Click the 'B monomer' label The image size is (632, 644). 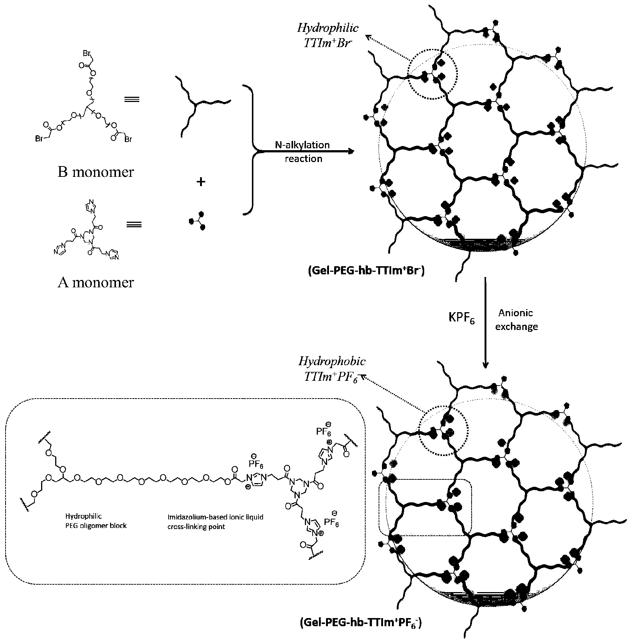coord(96,172)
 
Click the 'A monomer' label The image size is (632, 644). coord(96,282)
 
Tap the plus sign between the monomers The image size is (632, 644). coord(200,182)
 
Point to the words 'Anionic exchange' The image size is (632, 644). coord(516,320)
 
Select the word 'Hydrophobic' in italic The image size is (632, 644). coord(332,361)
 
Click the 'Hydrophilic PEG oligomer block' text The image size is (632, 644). coord(96,521)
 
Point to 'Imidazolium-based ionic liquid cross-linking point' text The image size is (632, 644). coord(215,521)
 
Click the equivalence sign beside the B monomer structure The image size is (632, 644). coord(133,99)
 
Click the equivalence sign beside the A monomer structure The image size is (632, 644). coord(134,224)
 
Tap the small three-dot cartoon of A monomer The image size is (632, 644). coord(197,220)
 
